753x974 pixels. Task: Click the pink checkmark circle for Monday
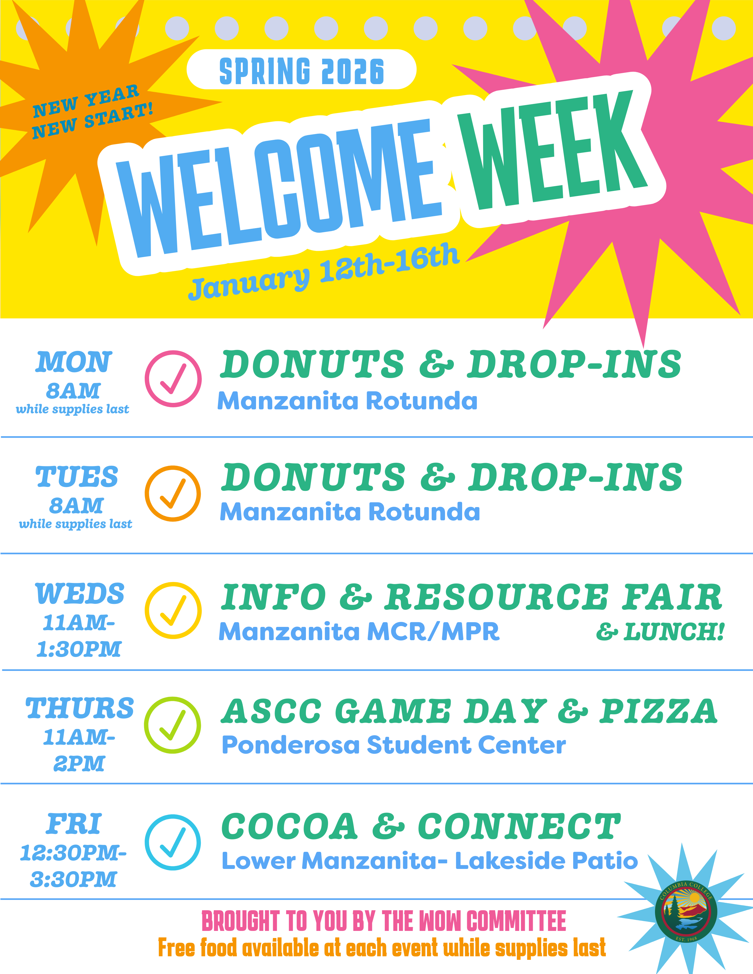[173, 379]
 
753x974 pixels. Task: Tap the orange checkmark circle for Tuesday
[173, 494]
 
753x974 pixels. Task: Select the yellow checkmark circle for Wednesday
[173, 610]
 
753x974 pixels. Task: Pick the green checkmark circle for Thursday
[172, 725]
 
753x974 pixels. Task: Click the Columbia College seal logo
[686, 911]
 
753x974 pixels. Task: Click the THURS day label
[79, 708]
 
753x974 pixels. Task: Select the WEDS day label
[79, 594]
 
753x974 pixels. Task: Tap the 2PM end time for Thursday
[79, 764]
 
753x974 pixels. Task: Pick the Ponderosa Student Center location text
[393, 745]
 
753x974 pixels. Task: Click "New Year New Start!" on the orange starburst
[92, 112]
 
